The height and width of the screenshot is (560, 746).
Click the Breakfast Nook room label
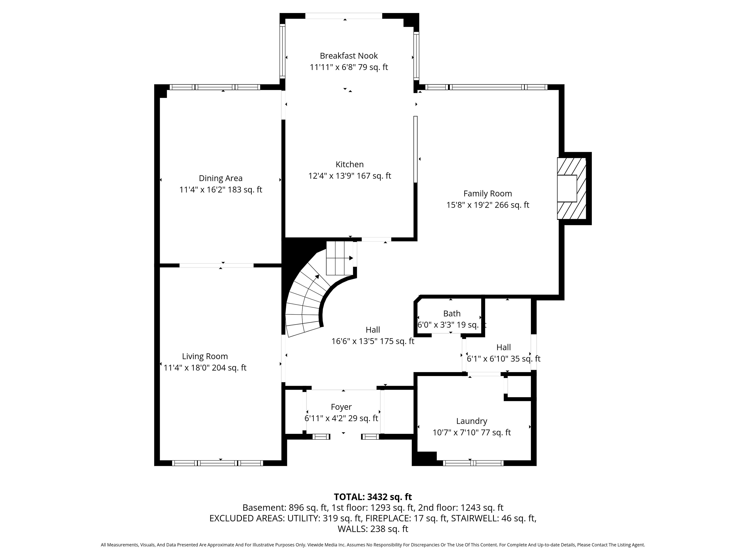tap(349, 56)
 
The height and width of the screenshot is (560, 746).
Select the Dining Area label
tap(220, 178)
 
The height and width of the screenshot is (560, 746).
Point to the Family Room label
tap(488, 193)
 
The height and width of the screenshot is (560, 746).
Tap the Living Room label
tap(205, 356)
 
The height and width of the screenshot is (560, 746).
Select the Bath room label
tap(452, 314)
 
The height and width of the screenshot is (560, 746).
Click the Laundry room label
tap(471, 421)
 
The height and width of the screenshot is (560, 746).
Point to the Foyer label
tap(341, 407)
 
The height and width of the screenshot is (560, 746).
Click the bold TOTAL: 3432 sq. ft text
tap(373, 497)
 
